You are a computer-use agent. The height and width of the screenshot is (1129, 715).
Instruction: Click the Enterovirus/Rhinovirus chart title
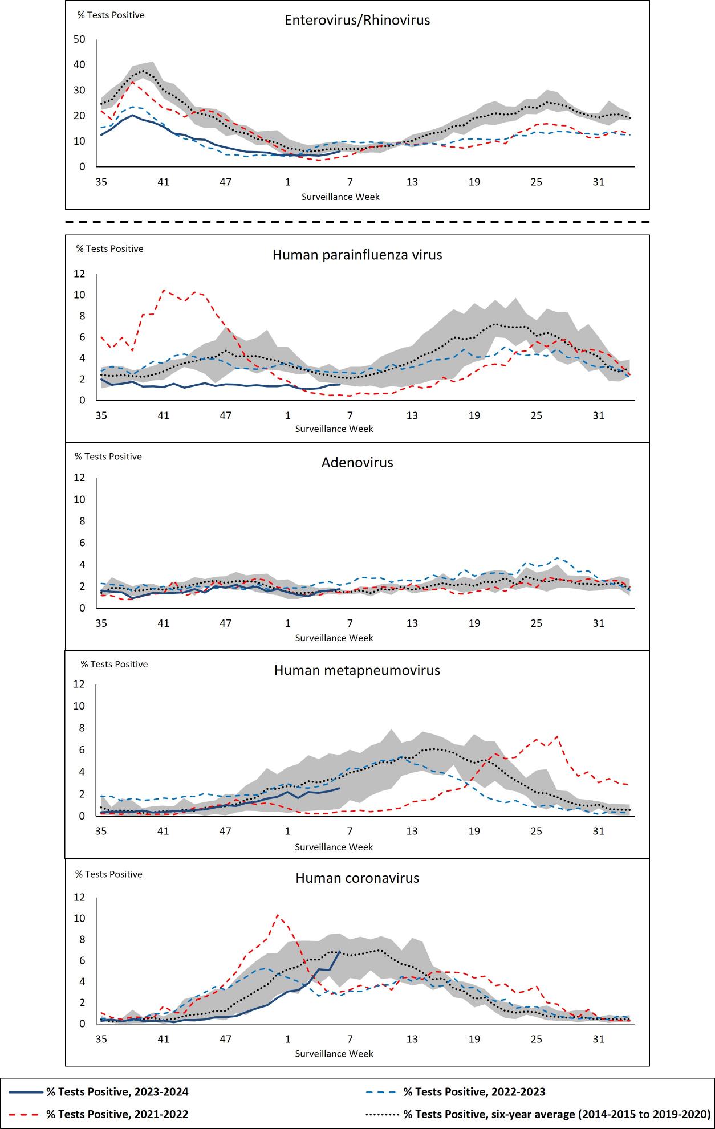357,21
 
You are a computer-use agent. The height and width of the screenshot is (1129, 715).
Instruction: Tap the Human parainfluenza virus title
357,255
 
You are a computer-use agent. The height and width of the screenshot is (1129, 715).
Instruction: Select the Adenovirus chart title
357,462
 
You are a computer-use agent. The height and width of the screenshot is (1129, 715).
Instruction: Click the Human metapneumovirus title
357,670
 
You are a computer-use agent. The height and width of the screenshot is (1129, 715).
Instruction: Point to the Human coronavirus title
357,878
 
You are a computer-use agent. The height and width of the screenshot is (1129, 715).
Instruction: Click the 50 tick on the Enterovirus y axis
79,39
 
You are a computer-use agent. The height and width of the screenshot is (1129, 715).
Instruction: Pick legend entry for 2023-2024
117,1092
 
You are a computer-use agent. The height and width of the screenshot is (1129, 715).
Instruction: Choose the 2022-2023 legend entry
474,1092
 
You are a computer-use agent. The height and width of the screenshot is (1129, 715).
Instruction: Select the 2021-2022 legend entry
117,1114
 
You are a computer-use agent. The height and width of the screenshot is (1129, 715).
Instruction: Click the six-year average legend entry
556,1114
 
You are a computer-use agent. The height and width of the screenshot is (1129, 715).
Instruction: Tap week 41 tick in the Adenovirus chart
163,623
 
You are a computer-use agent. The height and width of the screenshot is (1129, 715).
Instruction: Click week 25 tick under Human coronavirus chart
536,1040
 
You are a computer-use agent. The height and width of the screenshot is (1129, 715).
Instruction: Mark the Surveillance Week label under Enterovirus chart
340,197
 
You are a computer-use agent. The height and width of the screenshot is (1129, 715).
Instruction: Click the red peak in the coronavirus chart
277,915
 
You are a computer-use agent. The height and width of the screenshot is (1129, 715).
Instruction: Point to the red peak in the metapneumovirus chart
556,736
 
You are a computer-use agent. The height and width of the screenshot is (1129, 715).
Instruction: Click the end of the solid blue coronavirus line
340,951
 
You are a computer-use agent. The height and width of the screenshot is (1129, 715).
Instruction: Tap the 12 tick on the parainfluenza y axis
79,274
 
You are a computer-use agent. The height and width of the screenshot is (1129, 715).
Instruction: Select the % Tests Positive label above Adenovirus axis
108,457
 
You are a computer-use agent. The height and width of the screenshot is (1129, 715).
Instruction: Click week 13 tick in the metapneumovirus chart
412,832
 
